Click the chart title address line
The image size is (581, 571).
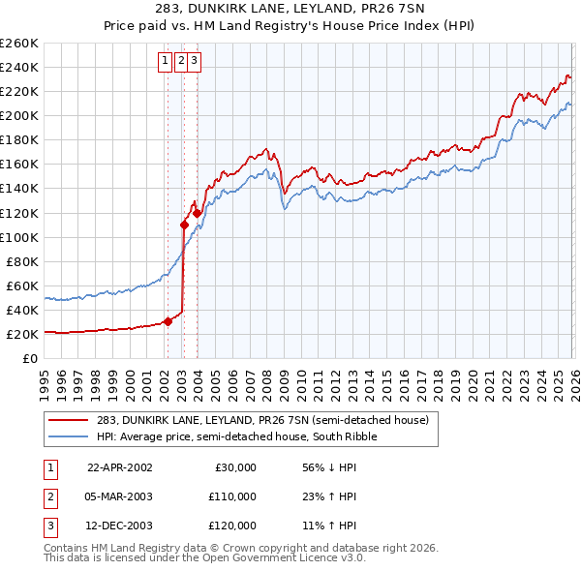click(290, 11)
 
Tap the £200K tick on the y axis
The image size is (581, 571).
click(18, 115)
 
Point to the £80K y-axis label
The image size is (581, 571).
click(21, 261)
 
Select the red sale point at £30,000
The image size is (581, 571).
click(168, 321)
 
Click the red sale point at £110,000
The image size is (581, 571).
click(183, 225)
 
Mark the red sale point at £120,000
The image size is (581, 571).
click(197, 212)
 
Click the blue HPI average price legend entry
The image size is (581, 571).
click(238, 436)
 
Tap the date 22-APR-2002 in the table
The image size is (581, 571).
click(120, 467)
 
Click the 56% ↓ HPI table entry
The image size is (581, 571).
click(329, 467)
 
